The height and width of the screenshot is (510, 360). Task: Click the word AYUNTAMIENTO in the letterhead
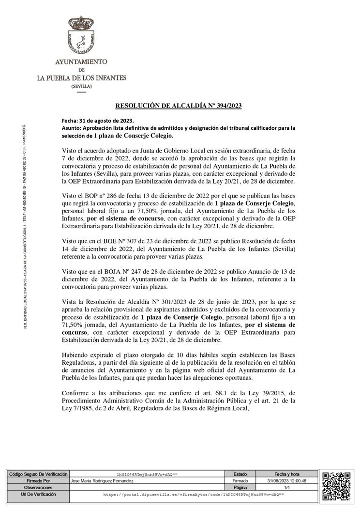pyautogui.click(x=81, y=62)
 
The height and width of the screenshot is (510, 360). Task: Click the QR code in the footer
pyautogui.click(x=336, y=486)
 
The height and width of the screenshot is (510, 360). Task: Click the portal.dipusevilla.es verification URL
pyautogui.click(x=194, y=495)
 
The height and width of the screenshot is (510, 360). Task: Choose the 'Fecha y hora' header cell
pyautogui.click(x=287, y=474)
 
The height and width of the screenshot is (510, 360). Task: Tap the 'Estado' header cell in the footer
pyautogui.click(x=240, y=474)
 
